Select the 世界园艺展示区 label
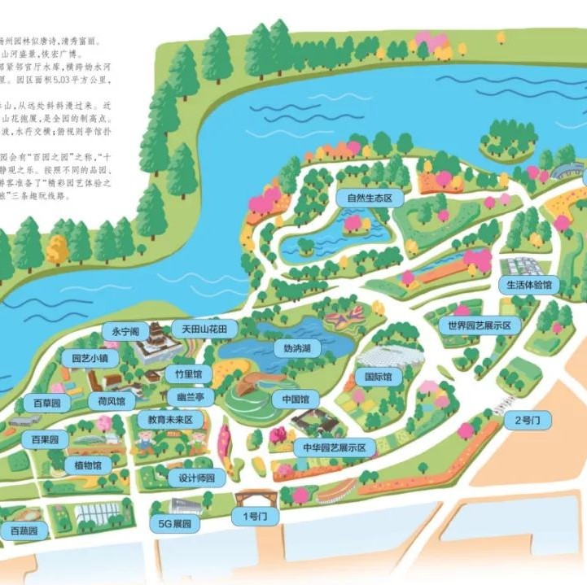pos(479,326)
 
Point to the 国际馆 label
pos(378,378)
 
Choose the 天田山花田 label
pos(204,329)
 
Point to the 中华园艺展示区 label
pos(334,447)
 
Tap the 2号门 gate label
pos(522,421)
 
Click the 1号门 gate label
pos(254,516)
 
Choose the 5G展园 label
pos(173,525)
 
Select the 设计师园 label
pos(196,478)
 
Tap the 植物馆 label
pos(87,465)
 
